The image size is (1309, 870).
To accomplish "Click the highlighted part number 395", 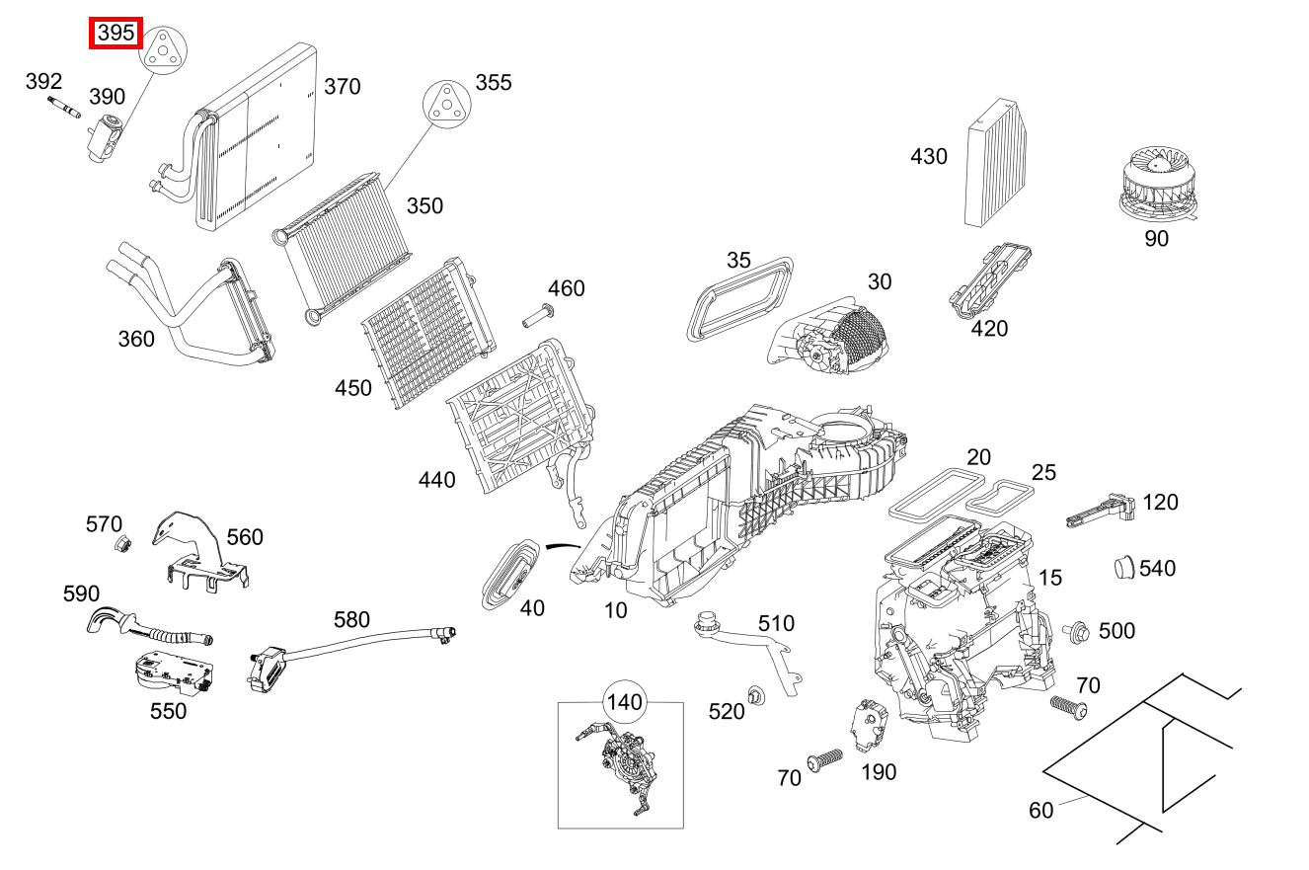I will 116,34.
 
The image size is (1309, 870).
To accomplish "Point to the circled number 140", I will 624,703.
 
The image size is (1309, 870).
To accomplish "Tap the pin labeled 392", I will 64,110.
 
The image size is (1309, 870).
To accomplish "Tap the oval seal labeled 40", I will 511,574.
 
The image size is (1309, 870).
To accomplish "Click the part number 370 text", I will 343,87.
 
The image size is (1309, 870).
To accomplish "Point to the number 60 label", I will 1041,810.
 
